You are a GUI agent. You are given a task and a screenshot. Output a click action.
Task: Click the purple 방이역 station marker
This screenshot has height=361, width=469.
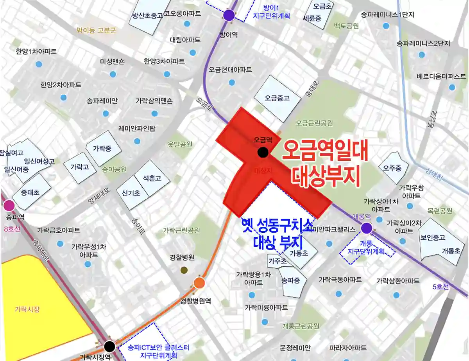tap(229, 15)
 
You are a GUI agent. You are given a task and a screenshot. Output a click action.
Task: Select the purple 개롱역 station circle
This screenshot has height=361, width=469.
tap(366, 228)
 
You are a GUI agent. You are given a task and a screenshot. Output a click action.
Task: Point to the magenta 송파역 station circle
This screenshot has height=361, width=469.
tap(9, 205)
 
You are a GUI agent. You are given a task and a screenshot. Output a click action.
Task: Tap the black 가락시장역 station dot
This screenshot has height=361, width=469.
tap(109, 346)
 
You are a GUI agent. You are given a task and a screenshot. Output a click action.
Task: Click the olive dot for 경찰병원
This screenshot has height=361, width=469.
tap(184, 270)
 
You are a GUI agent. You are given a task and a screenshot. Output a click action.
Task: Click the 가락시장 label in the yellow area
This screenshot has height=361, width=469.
tap(27, 309)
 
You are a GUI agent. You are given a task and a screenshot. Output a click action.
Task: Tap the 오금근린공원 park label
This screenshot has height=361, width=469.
tap(314, 123)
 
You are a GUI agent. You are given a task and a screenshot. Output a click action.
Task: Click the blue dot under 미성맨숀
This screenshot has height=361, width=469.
tap(113, 74)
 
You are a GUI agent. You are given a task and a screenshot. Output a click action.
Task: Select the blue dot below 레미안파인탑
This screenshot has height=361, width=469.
tap(137, 141)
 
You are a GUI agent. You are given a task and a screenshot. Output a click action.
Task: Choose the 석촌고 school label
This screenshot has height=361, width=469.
tap(152, 178)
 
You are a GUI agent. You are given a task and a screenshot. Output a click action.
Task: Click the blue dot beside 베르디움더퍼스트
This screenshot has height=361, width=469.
tap(452, 87)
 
